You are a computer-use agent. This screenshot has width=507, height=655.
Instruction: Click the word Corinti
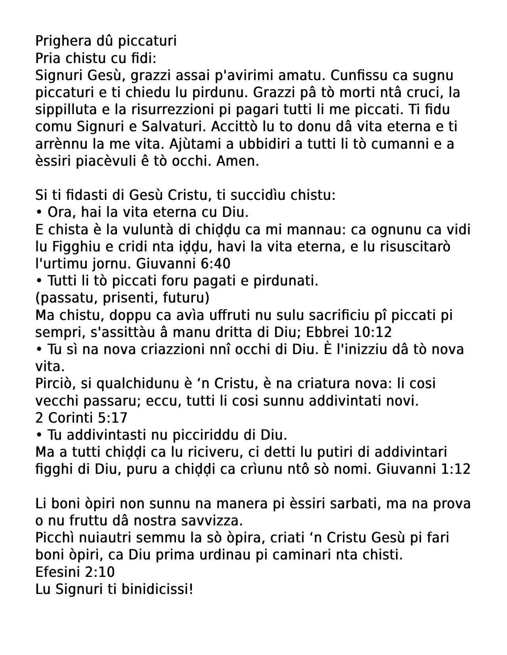tap(69, 418)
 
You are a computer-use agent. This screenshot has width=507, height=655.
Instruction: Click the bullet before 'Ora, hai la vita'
tap(39, 213)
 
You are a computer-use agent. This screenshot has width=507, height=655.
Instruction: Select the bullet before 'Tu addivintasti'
tap(39, 435)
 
